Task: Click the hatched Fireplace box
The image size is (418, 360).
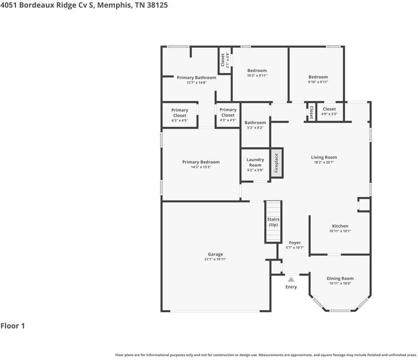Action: [277, 163]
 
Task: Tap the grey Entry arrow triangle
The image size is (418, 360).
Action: [291, 280]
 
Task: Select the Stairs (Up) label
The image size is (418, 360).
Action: [273, 221]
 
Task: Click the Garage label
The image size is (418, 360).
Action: [216, 254]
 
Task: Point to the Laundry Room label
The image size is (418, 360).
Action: [255, 162]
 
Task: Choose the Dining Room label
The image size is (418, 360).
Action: [340, 279]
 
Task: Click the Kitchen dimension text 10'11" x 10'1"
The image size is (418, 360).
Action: [340, 231]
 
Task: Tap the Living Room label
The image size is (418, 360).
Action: [324, 157]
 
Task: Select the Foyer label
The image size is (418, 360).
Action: [295, 243]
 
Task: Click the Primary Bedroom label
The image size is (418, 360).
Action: [201, 162]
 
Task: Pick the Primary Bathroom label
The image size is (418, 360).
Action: [196, 77]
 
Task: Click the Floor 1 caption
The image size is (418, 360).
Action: [13, 326]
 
